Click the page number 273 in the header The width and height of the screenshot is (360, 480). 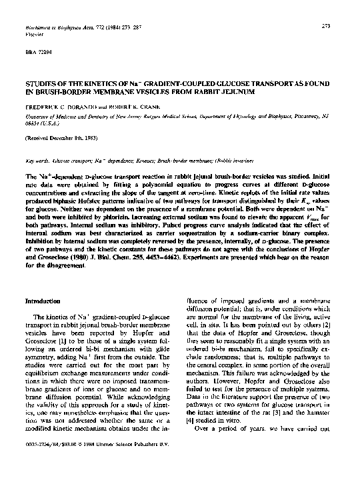327,26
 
